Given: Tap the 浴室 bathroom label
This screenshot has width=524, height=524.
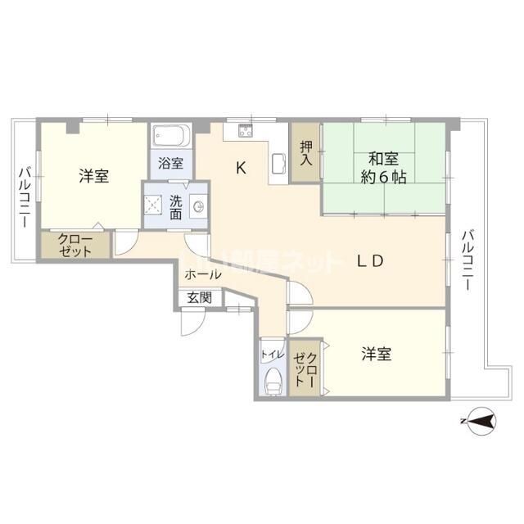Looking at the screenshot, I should [171, 162].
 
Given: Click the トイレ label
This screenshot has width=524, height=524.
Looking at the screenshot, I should [272, 355].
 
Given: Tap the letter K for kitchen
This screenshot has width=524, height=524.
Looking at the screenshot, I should [242, 169].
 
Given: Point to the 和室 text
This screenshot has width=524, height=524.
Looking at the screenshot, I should [383, 159].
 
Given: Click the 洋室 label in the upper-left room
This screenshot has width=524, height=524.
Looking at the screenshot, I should [95, 175].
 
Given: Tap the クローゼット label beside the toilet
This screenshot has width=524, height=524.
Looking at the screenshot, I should [306, 367].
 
